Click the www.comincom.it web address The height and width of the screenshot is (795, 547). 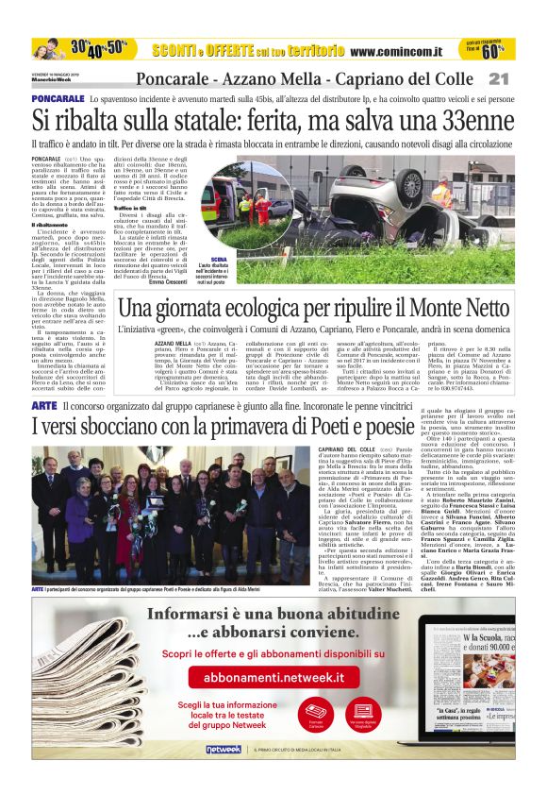click(x=400, y=50)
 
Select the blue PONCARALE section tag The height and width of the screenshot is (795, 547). click(x=58, y=98)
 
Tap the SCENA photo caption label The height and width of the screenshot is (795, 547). click(x=220, y=259)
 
